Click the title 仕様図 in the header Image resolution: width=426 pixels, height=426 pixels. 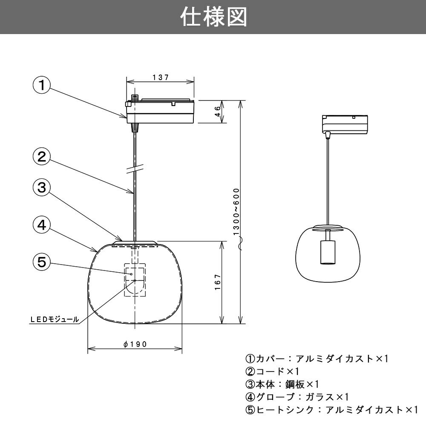coord(213,17)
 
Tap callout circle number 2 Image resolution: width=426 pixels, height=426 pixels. coord(41,157)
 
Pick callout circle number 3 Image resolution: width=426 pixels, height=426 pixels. coord(41,188)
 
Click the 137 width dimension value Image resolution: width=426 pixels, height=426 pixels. coord(161,78)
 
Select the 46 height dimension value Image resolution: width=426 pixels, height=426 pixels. coord(217,112)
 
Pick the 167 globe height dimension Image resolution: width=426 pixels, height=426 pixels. coord(217,282)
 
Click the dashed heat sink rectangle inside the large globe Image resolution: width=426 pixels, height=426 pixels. coord(135,280)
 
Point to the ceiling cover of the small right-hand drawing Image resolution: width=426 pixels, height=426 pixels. coord(345,124)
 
